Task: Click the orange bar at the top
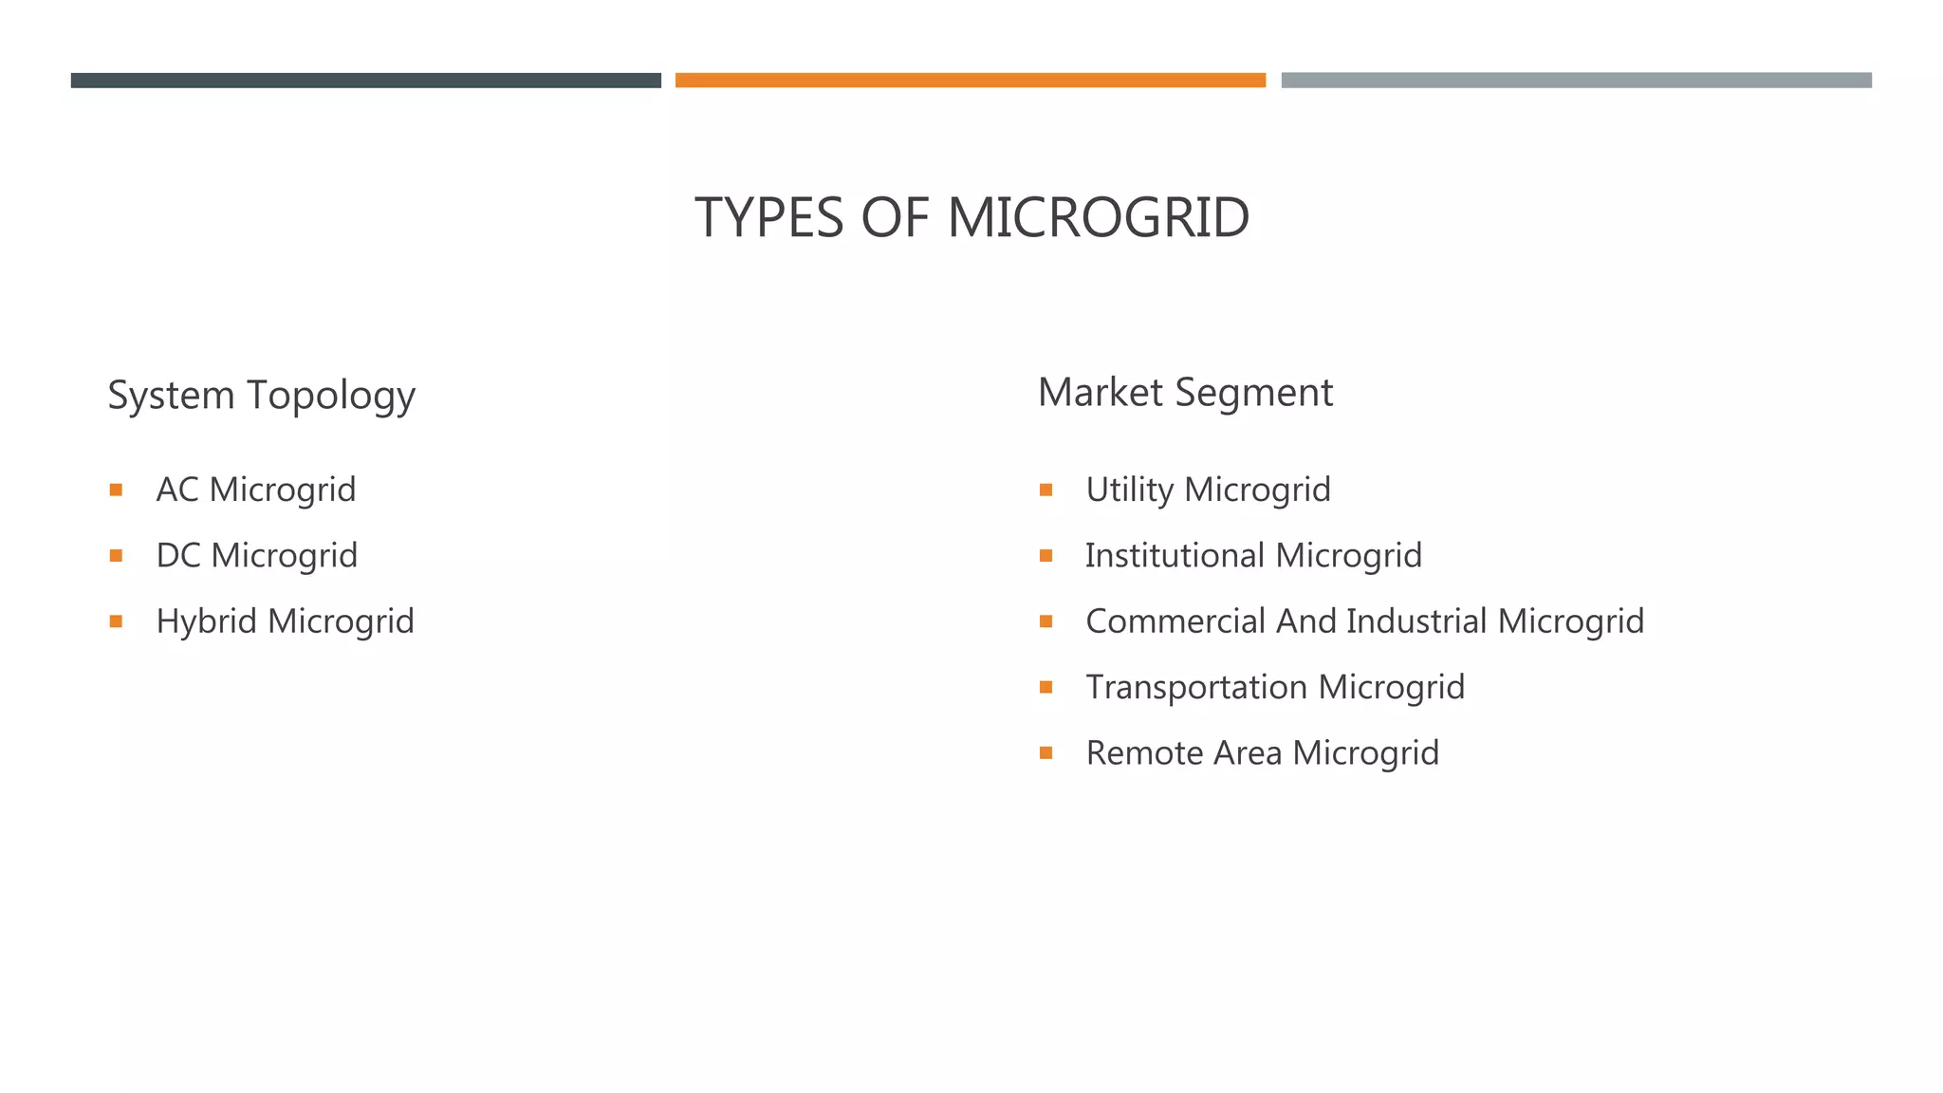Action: (x=970, y=81)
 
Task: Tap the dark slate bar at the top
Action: (x=365, y=81)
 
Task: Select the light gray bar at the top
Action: (x=1576, y=81)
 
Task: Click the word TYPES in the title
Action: (x=768, y=217)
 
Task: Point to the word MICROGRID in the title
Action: (x=1098, y=217)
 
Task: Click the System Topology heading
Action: (x=261, y=395)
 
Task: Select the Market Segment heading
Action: (x=1185, y=393)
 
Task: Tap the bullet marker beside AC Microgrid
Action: (x=116, y=491)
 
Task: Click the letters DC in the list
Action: (x=177, y=556)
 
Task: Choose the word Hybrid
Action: (x=207, y=621)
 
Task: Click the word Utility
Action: (x=1130, y=491)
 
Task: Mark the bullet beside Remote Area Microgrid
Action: (x=1046, y=753)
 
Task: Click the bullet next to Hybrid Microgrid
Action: (x=116, y=621)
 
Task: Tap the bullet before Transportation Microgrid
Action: (x=1046, y=687)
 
